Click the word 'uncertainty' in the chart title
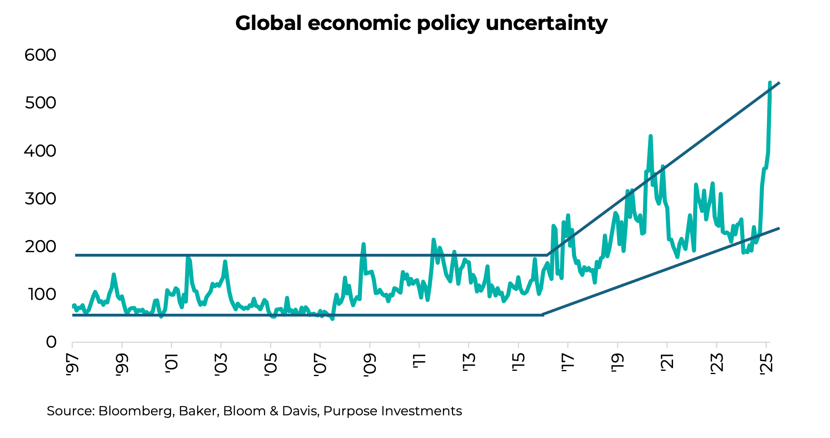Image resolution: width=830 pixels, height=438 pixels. point(546,23)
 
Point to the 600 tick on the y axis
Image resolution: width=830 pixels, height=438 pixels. point(40,55)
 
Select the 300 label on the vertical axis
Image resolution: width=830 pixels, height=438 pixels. point(40,199)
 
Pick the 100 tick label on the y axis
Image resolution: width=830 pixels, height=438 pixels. point(40,295)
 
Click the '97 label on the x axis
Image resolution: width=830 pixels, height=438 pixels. point(72,366)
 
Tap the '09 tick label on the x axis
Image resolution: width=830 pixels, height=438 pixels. point(370,366)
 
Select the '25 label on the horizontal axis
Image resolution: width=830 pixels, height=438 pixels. point(766,366)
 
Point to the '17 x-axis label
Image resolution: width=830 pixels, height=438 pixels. point(568,366)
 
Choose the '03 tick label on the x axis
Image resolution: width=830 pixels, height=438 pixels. point(221,366)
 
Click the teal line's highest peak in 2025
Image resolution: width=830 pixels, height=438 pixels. point(770,83)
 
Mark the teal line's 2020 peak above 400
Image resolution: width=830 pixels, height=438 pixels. point(650,136)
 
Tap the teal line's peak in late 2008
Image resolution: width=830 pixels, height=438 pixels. point(364,244)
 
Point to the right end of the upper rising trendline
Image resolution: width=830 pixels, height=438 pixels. point(779,83)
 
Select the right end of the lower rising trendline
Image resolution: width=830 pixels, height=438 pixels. point(779,229)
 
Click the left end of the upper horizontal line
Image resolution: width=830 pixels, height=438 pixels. point(76,255)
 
